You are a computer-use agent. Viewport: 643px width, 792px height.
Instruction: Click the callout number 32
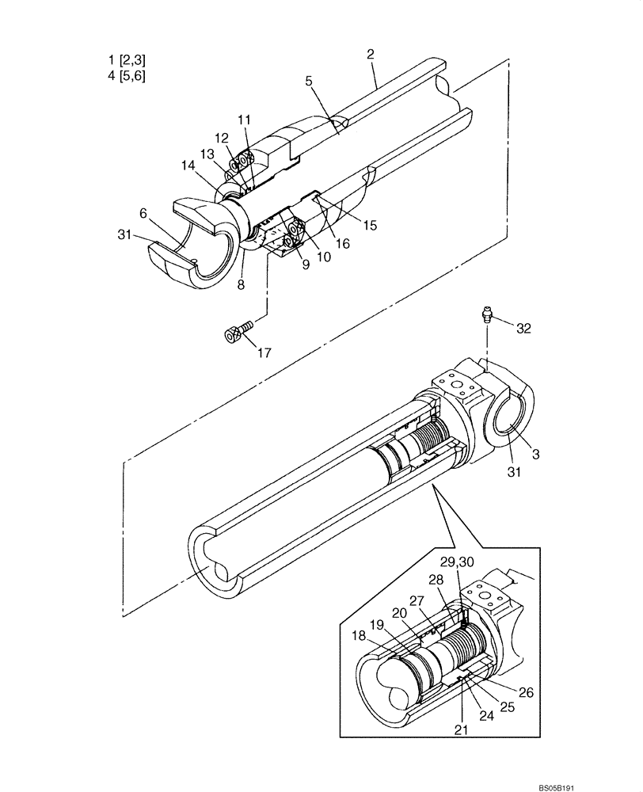coord(523,327)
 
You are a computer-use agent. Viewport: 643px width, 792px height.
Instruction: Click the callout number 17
coord(264,352)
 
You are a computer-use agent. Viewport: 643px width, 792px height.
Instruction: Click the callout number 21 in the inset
coord(462,730)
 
